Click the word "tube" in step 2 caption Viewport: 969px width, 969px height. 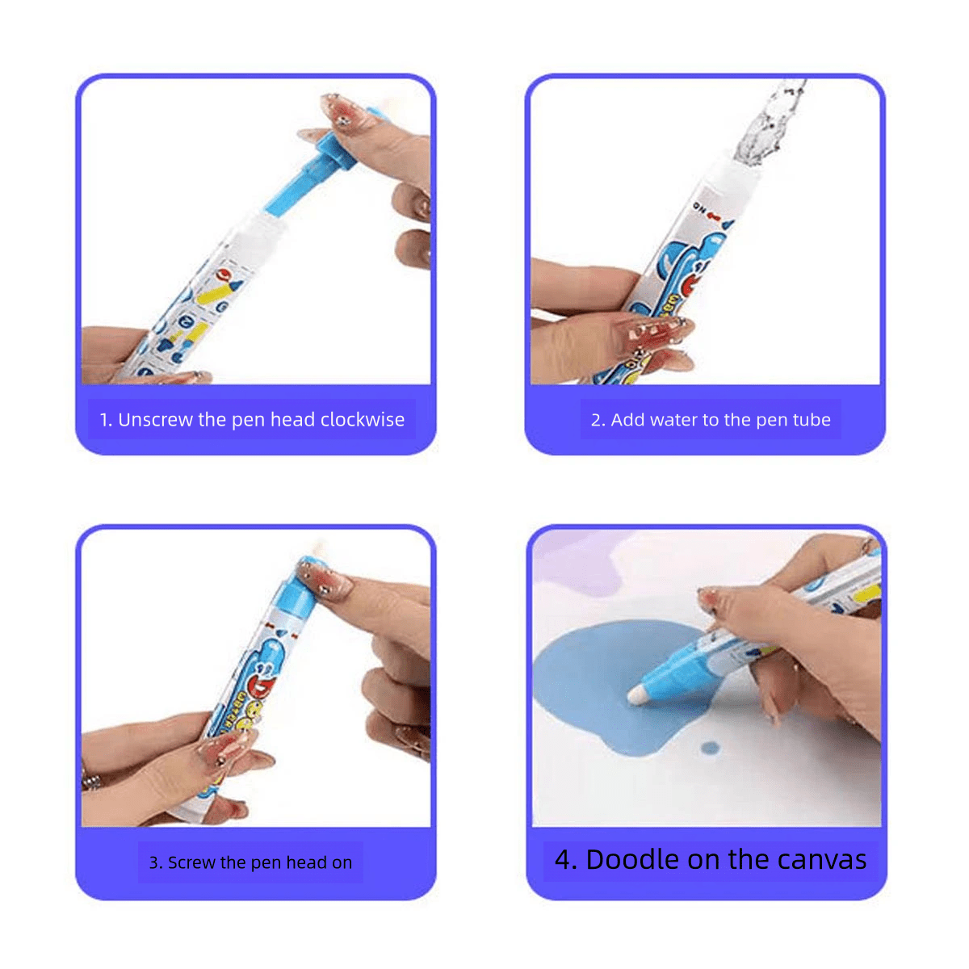pyautogui.click(x=812, y=420)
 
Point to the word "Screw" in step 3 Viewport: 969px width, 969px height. pyautogui.click(x=191, y=862)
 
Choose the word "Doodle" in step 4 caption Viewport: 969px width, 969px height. pyautogui.click(x=631, y=860)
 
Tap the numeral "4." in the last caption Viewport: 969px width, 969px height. pyautogui.click(x=565, y=860)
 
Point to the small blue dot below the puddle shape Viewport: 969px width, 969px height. pyautogui.click(x=709, y=748)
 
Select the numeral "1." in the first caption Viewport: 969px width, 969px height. pyautogui.click(x=106, y=420)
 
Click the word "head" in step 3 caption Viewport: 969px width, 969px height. pyautogui.click(x=306, y=862)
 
